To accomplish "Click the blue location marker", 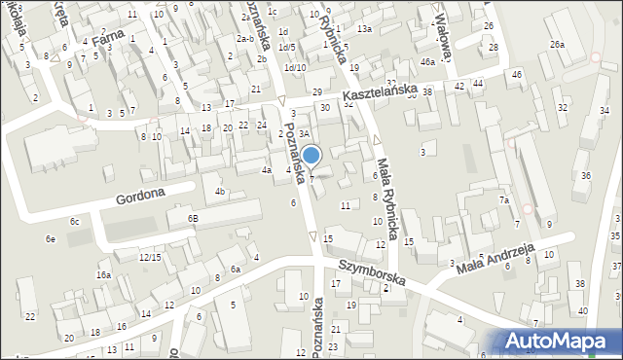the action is click(311, 156).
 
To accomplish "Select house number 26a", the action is click(557, 45).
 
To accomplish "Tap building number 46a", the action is click(427, 61).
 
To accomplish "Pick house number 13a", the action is click(363, 29).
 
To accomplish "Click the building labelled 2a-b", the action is click(245, 39).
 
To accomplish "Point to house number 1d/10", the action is click(294, 67).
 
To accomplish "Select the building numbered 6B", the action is click(194, 219).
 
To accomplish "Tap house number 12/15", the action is click(149, 257).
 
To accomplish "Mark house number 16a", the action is click(103, 275).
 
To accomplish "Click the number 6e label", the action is click(50, 238).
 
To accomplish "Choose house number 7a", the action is click(504, 199).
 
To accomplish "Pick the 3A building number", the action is click(304, 133).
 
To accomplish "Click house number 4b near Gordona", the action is click(221, 191).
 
